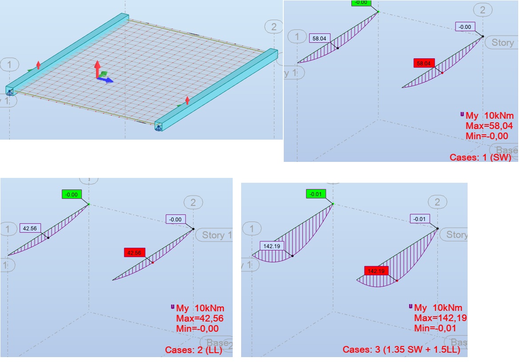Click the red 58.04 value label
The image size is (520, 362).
click(x=424, y=64)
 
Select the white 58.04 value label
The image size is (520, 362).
click(x=320, y=39)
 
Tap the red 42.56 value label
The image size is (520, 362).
click(x=135, y=253)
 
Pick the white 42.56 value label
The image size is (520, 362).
click(x=30, y=228)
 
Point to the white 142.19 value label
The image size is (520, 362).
click(x=271, y=245)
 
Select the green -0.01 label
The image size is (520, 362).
click(x=316, y=194)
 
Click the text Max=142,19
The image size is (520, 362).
click(x=440, y=318)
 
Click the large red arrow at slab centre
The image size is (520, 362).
click(x=97, y=68)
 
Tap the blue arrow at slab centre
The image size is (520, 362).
click(x=108, y=80)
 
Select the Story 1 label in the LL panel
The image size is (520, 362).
click(x=216, y=235)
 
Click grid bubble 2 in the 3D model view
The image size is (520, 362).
click(x=274, y=27)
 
